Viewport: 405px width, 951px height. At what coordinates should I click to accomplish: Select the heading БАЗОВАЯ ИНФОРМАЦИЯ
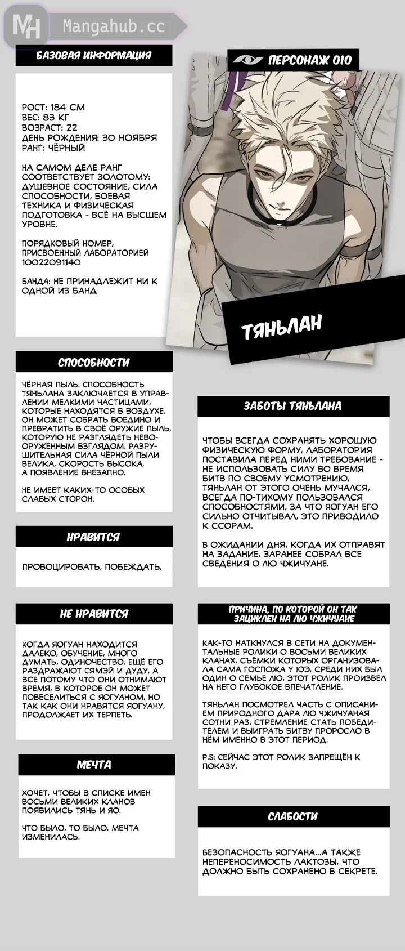94,55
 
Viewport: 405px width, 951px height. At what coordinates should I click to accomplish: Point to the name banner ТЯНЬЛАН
282,327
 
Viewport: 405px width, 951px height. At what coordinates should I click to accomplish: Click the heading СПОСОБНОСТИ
94,363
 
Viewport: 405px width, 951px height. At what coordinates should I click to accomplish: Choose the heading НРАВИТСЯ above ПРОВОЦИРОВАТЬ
94,537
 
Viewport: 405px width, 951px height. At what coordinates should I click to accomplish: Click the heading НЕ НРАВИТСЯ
94,614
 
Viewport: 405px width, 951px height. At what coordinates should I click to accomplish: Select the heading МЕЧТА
94,765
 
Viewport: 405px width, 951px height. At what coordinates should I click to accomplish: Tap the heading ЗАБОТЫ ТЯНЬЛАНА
292,406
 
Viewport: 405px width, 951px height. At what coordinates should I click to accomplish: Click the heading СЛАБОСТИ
292,816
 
